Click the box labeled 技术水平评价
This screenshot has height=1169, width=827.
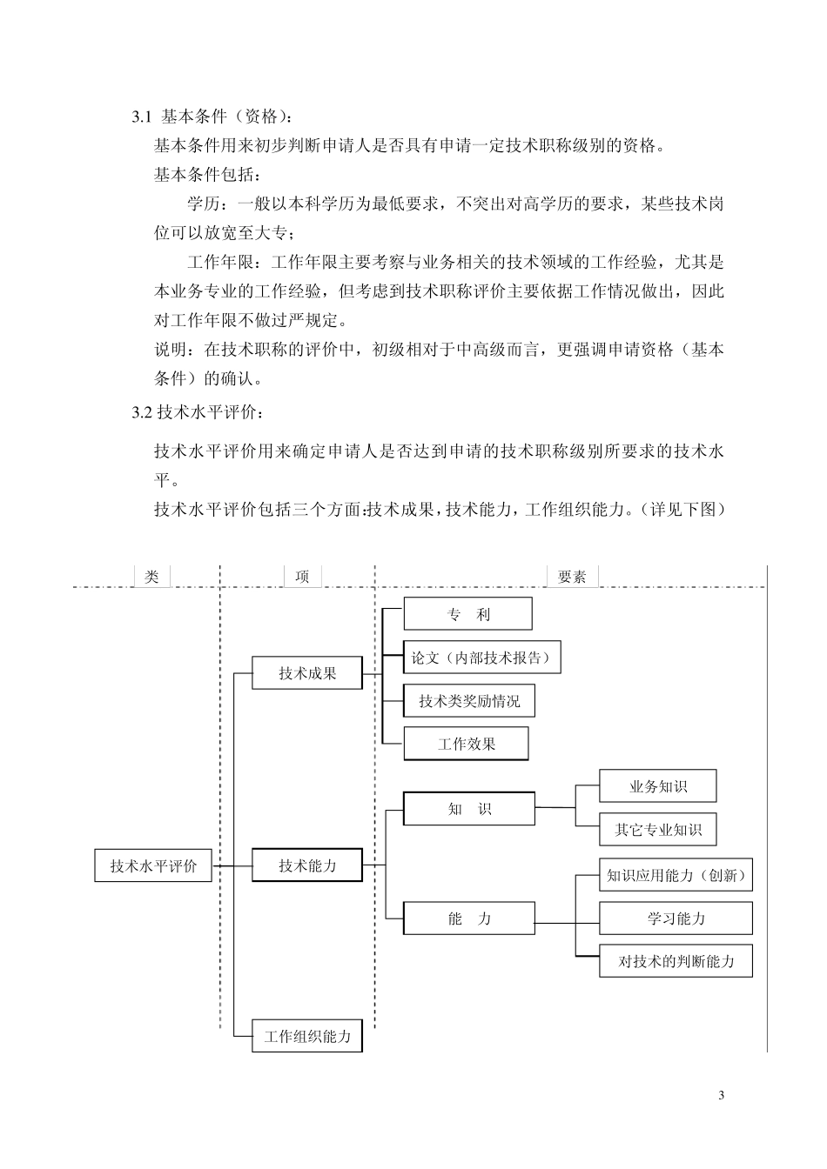(153, 866)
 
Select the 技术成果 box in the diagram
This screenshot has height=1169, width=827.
(307, 673)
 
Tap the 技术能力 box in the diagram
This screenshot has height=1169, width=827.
(307, 866)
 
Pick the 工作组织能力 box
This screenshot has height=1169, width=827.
(307, 1037)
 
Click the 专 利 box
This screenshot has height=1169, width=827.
(468, 614)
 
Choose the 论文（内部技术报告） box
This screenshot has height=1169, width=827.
(482, 658)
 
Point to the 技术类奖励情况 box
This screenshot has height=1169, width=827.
(469, 701)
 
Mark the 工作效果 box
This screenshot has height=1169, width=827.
(467, 745)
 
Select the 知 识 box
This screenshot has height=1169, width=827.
(469, 809)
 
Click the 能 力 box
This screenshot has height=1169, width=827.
(469, 918)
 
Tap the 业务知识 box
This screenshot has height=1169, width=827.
(658, 786)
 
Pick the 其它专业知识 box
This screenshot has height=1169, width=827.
(658, 830)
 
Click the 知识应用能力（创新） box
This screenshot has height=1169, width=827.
(676, 875)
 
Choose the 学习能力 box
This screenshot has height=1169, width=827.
(676, 918)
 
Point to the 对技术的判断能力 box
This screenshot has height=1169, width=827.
(676, 962)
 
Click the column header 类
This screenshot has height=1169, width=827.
(152, 577)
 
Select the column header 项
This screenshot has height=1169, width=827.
(302, 577)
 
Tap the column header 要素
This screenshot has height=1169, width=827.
(572, 577)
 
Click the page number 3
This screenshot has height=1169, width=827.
(721, 1095)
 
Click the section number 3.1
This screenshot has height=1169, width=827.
(142, 117)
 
